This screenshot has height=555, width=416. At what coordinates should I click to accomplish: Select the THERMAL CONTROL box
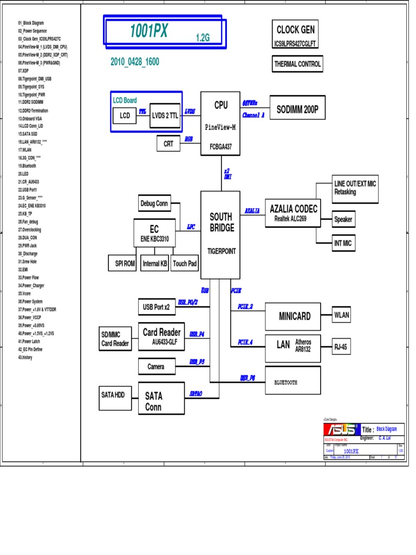[x=297, y=64]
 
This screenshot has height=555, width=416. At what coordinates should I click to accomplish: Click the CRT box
[x=168, y=144]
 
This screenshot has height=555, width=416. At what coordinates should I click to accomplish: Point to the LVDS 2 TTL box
[x=165, y=115]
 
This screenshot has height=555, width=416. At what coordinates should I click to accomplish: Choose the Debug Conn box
[x=154, y=204]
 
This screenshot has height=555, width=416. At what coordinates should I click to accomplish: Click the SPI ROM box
[x=123, y=263]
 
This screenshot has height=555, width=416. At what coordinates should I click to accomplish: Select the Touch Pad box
[x=185, y=263]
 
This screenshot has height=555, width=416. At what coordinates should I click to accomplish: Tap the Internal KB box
[x=154, y=263]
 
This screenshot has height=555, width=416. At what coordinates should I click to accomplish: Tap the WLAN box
[x=342, y=314]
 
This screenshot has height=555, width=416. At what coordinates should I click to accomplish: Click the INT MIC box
[x=343, y=243]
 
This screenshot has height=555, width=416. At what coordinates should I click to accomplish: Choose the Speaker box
[x=343, y=220]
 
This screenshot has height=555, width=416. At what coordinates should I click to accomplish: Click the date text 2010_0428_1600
[x=135, y=62]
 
